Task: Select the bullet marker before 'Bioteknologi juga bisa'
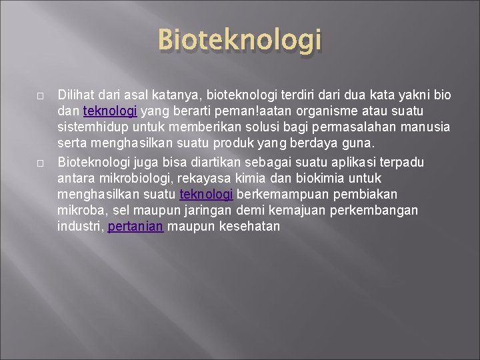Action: pyautogui.click(x=40, y=163)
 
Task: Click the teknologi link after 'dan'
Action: pyautogui.click(x=110, y=111)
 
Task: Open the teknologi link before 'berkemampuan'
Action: pyautogui.click(x=206, y=195)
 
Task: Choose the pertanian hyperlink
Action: pyautogui.click(x=135, y=227)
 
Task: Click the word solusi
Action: pyautogui.click(x=252, y=127)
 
